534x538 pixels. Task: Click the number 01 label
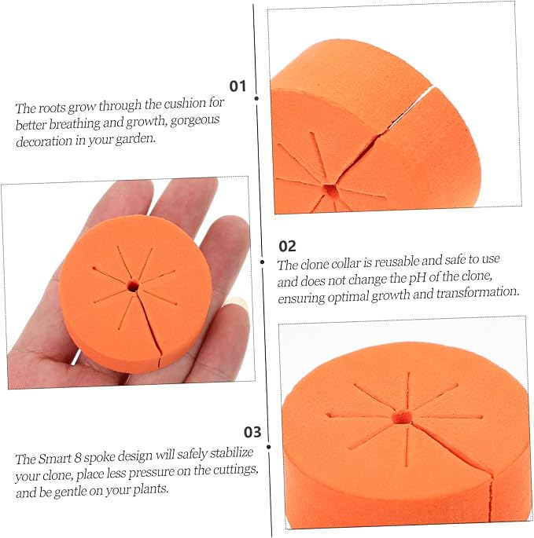pyautogui.click(x=238, y=86)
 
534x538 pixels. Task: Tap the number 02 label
pyautogui.click(x=287, y=247)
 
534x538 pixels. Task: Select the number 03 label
pyautogui.click(x=252, y=432)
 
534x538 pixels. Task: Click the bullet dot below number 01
pyautogui.click(x=256, y=98)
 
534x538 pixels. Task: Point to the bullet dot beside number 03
pyautogui.click(x=269, y=447)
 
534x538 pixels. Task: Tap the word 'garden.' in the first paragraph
pyautogui.click(x=135, y=139)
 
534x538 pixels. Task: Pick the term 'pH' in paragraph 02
pyautogui.click(x=417, y=279)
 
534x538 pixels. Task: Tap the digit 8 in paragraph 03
pyautogui.click(x=78, y=458)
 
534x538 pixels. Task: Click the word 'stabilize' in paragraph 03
pyautogui.click(x=231, y=453)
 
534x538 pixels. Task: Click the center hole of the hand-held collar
pyautogui.click(x=133, y=285)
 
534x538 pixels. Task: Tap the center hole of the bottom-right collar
pyautogui.click(x=402, y=417)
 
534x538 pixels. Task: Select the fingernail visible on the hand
pyautogui.click(x=236, y=304)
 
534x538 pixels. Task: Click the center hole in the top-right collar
pyautogui.click(x=330, y=190)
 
